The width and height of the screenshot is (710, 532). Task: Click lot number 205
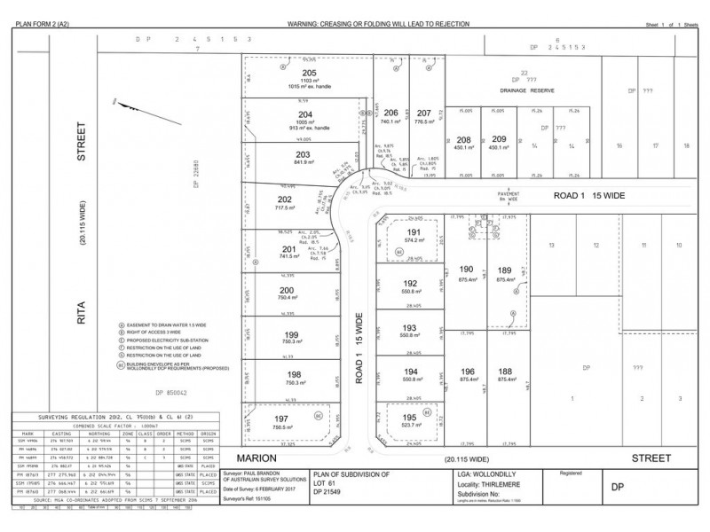tap(309, 73)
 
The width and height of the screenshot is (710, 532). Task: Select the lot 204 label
tap(304, 113)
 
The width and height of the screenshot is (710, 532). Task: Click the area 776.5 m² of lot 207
tap(423, 122)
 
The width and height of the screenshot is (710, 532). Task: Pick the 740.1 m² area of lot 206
tap(390, 122)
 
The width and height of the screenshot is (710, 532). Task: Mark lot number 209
tap(498, 138)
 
